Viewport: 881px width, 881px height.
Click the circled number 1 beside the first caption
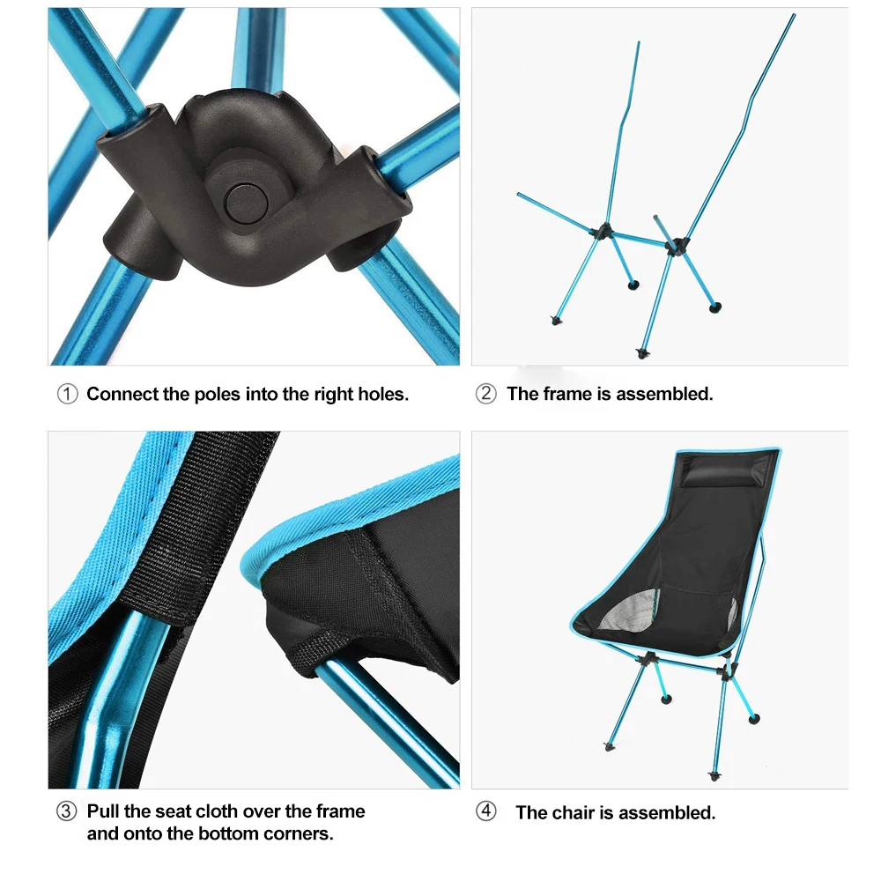coord(68,395)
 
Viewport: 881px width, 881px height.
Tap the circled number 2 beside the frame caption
coord(486,394)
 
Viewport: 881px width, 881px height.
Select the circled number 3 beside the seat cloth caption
coord(67,811)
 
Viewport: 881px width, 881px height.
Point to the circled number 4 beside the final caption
coord(486,811)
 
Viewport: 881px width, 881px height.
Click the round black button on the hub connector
coord(246,204)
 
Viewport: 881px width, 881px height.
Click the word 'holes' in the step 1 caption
coord(382,395)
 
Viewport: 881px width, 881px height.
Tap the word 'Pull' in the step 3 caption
coord(103,811)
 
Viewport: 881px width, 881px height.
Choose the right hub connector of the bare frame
coord(677,246)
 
